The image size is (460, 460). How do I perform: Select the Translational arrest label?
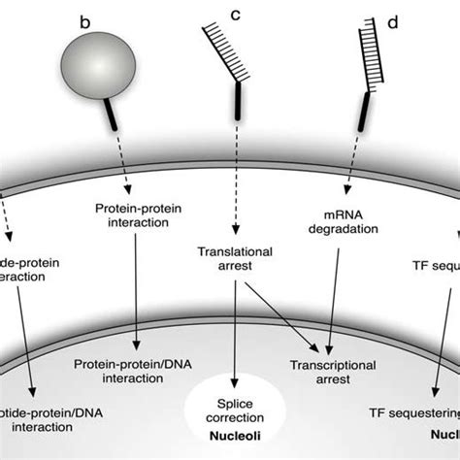(236, 256)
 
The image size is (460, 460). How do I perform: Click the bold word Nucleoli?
(235, 430)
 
